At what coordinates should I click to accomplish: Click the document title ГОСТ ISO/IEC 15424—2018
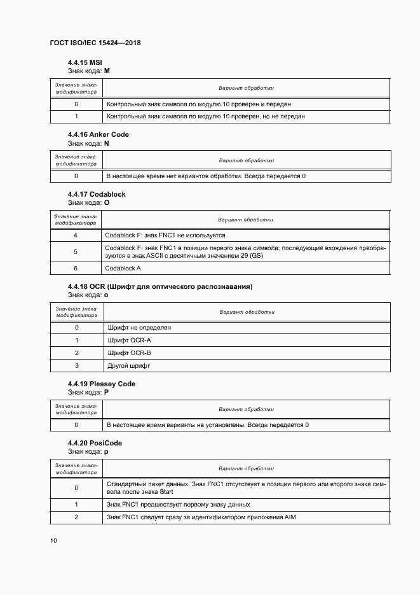95,43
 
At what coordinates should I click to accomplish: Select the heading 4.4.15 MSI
85,62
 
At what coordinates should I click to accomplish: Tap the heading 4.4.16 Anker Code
98,135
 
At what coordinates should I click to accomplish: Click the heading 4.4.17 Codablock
96,194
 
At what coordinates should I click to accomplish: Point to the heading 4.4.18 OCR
159,286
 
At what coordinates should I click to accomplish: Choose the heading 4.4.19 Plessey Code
101,384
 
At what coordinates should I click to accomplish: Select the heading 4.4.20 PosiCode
95,443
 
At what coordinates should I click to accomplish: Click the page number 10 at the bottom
53,540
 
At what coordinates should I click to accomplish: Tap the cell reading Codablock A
123,269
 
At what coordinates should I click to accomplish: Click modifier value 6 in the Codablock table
76,269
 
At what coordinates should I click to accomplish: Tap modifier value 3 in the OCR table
76,366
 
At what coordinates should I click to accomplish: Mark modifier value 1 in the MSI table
76,116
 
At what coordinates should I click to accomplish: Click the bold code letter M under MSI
107,71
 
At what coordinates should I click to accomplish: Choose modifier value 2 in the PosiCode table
76,517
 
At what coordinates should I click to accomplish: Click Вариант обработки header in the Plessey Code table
246,409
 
